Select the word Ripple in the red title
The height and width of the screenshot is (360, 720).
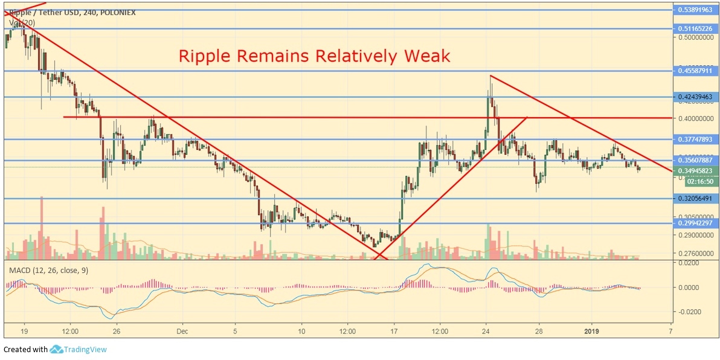point(205,56)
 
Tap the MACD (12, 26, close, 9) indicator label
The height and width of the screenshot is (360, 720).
point(48,270)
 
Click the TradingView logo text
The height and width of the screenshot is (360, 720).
point(86,349)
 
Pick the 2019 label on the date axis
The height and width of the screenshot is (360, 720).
point(593,330)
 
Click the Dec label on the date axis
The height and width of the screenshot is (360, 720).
point(182,330)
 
